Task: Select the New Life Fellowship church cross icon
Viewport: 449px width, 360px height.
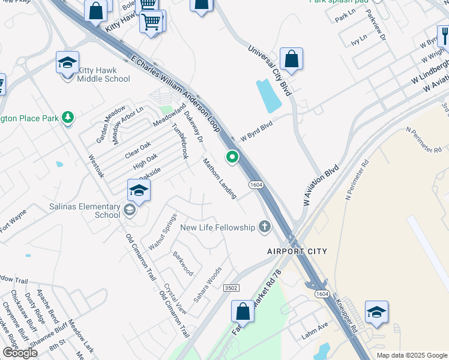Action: [x=264, y=227]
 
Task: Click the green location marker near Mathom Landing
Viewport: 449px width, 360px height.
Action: [x=232, y=157]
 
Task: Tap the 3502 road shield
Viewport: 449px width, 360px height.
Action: [x=231, y=288]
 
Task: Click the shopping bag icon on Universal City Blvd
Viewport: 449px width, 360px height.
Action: [x=291, y=59]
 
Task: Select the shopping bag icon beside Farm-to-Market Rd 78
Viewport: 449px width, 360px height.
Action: [x=243, y=311]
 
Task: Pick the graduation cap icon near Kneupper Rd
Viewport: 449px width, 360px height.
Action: [x=376, y=312]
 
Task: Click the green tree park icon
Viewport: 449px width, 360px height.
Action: [x=68, y=117]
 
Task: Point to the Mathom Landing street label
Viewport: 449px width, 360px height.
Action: [x=219, y=178]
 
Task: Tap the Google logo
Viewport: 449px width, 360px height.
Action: [x=20, y=353]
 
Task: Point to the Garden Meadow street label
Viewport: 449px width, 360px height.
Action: [x=111, y=124]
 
